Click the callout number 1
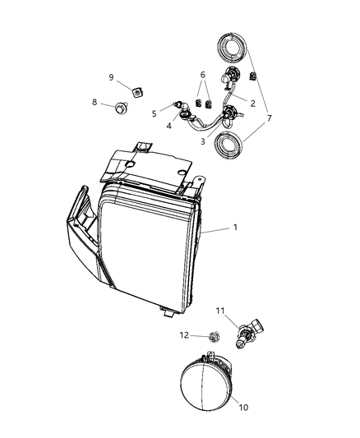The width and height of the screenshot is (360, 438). (237, 228)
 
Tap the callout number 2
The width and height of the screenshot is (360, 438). (252, 104)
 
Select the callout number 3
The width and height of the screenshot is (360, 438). (202, 141)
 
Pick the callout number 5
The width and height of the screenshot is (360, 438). (154, 113)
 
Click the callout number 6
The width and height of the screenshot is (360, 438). (202, 75)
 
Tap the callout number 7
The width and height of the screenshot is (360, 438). (269, 118)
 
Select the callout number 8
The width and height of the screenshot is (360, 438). (95, 103)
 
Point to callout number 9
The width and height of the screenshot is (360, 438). (111, 77)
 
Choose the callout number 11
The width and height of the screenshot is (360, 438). (220, 310)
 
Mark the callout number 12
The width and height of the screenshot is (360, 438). (186, 334)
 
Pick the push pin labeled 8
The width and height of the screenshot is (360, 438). (122, 107)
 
